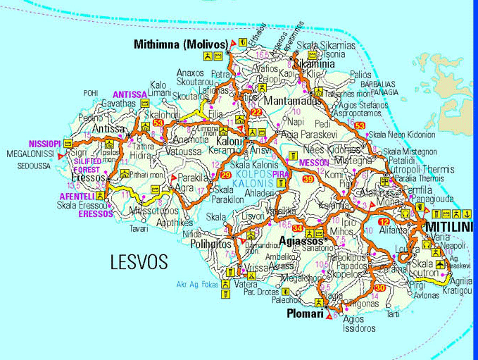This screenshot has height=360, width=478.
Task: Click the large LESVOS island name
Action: [139, 263]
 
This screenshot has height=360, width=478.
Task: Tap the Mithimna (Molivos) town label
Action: [180, 44]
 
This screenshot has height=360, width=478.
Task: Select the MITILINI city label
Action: [449, 226]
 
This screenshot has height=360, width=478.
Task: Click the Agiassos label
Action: [301, 240]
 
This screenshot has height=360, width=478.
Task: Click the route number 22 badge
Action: [256, 113]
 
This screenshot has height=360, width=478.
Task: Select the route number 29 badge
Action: [226, 175]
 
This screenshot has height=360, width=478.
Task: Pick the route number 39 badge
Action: [308, 180]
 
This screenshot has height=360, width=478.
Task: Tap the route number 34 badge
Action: [298, 228]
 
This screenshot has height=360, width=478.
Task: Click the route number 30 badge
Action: [379, 288]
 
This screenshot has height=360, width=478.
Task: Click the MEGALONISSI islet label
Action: [30, 153]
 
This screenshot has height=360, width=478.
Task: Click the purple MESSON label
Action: [314, 162]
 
